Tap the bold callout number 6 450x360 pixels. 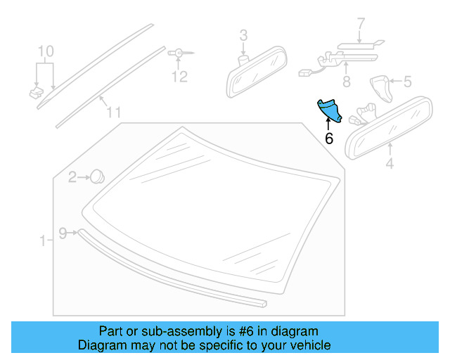tap(328, 139)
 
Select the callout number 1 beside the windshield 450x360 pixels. tap(41, 241)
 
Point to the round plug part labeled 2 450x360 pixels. tap(98, 176)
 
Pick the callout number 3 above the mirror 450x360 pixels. tap(243, 34)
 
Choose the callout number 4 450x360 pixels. tap(390, 166)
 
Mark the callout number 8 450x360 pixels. tap(345, 82)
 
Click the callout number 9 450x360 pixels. tap(62, 233)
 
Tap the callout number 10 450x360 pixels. tap(45, 51)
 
